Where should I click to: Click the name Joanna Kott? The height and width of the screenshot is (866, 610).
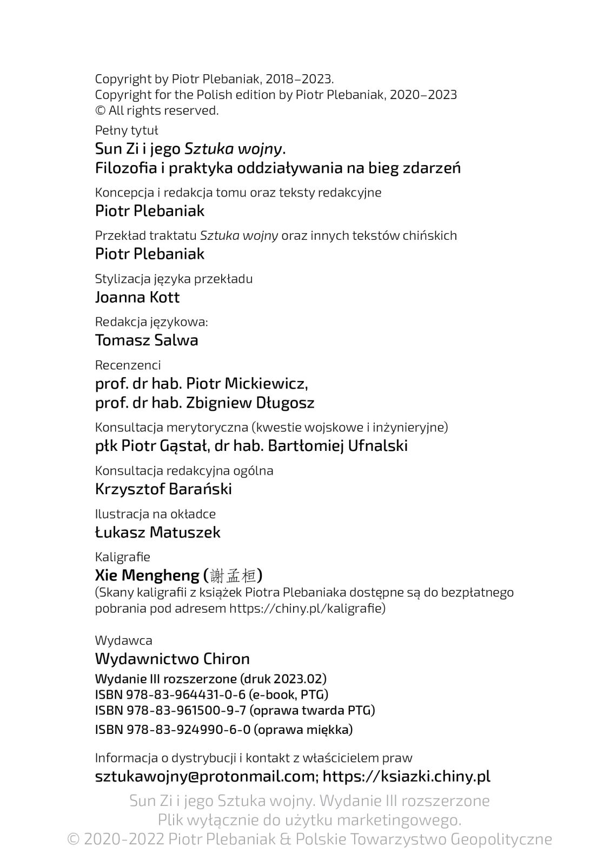pos(137,297)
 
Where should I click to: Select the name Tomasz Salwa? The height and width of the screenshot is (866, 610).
pos(147,340)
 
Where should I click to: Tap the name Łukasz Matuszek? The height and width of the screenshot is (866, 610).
pos(158,533)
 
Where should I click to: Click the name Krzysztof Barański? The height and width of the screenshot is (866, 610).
pos(163,489)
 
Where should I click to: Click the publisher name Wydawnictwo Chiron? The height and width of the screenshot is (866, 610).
pos(173,659)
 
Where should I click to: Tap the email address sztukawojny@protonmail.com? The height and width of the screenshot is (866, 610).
pos(205,777)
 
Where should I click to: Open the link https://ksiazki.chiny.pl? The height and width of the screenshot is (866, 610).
pos(407,777)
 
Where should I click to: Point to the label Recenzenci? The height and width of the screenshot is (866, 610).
pos(128,365)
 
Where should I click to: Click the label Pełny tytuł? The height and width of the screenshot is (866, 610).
pos(127,130)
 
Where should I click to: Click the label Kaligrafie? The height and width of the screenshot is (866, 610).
pos(123,557)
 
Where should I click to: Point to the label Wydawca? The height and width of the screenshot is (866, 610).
pos(124,641)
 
